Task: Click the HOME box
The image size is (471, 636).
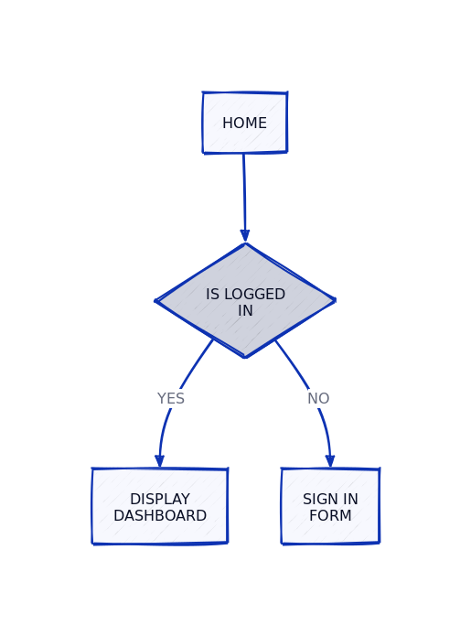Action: click(244, 123)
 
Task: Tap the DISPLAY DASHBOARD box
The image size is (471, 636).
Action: click(159, 506)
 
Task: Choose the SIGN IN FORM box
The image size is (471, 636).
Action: click(330, 506)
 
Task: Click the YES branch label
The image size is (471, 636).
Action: click(171, 399)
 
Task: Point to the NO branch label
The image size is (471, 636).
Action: click(318, 399)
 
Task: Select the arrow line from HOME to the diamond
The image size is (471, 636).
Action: click(244, 192)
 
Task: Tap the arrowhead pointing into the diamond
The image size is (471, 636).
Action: click(245, 235)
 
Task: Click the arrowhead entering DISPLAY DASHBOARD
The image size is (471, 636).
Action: click(159, 461)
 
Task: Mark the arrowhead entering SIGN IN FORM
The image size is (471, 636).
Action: click(330, 461)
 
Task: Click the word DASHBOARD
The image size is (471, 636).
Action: click(160, 516)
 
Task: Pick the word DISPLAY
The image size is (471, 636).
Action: click(160, 500)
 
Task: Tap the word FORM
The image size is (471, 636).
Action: click(330, 516)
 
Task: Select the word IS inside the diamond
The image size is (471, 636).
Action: click(212, 295)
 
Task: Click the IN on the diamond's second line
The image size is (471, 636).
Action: click(245, 311)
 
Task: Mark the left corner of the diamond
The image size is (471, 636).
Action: click(157, 300)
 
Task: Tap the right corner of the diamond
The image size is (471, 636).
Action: click(334, 300)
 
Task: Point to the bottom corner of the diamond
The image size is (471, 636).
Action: click(245, 356)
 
